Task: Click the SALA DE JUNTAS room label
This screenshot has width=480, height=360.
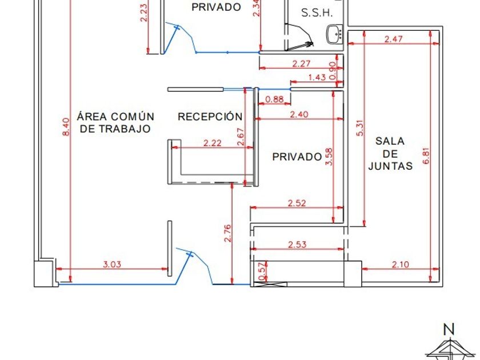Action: (390, 154)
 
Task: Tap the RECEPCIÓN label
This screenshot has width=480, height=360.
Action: (210, 117)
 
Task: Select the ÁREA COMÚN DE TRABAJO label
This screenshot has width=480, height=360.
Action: (115, 122)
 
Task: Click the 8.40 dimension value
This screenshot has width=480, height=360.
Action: (66, 126)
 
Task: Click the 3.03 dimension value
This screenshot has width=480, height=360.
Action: (112, 265)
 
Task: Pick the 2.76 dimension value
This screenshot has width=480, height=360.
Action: (227, 233)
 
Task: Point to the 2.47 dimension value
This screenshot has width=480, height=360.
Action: (394, 39)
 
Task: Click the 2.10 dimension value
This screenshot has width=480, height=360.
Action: (401, 264)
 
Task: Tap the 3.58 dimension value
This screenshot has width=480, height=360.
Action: (329, 156)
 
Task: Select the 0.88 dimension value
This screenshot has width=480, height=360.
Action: (275, 99)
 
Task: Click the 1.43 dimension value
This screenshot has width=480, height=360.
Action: (317, 77)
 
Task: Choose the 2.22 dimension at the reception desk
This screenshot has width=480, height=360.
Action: (212, 143)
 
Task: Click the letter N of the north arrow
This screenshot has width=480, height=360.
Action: (449, 329)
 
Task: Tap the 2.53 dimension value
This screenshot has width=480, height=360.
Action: (297, 245)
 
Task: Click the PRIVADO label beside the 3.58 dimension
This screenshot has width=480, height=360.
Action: (297, 157)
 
